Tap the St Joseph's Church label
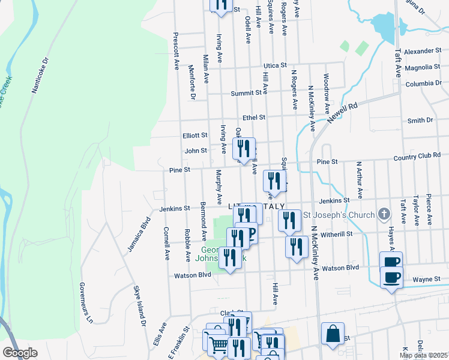(339, 215)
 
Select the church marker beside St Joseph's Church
(384, 214)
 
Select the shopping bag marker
(333, 332)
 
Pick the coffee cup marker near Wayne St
(391, 277)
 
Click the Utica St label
(276, 65)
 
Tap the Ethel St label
(254, 118)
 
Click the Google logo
(20, 353)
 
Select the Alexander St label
(422, 52)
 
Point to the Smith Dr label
(420, 121)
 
